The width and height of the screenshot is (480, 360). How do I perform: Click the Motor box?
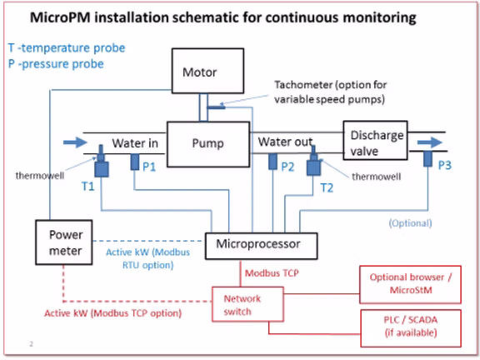(x=207, y=71)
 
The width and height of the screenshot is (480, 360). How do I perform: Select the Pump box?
(x=208, y=144)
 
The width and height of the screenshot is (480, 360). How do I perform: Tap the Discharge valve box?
(x=375, y=140)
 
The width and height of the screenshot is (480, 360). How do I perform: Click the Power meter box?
(x=64, y=242)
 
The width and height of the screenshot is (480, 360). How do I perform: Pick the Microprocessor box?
(x=261, y=246)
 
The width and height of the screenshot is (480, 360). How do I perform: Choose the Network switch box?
(x=248, y=304)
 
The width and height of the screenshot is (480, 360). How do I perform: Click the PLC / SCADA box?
(x=411, y=328)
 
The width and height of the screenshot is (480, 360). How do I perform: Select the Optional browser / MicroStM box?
(x=410, y=284)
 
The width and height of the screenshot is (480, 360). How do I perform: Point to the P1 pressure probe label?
(x=149, y=167)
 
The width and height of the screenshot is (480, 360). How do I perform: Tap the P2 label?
(x=287, y=167)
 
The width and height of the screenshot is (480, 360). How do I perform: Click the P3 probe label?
(x=445, y=165)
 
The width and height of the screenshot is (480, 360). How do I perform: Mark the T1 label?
(x=87, y=186)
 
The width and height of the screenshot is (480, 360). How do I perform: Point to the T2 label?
(x=327, y=187)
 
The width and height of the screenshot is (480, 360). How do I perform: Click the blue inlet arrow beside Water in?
(x=75, y=142)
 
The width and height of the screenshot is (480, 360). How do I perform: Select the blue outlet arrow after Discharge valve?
(x=430, y=142)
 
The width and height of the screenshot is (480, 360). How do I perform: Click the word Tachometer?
(x=303, y=85)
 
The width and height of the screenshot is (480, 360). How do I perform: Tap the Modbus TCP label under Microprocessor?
(x=272, y=273)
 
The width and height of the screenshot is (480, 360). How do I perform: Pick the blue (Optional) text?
(x=410, y=223)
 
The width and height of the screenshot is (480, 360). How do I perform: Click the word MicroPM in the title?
(x=60, y=17)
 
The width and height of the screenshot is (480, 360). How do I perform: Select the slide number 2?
(x=31, y=344)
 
